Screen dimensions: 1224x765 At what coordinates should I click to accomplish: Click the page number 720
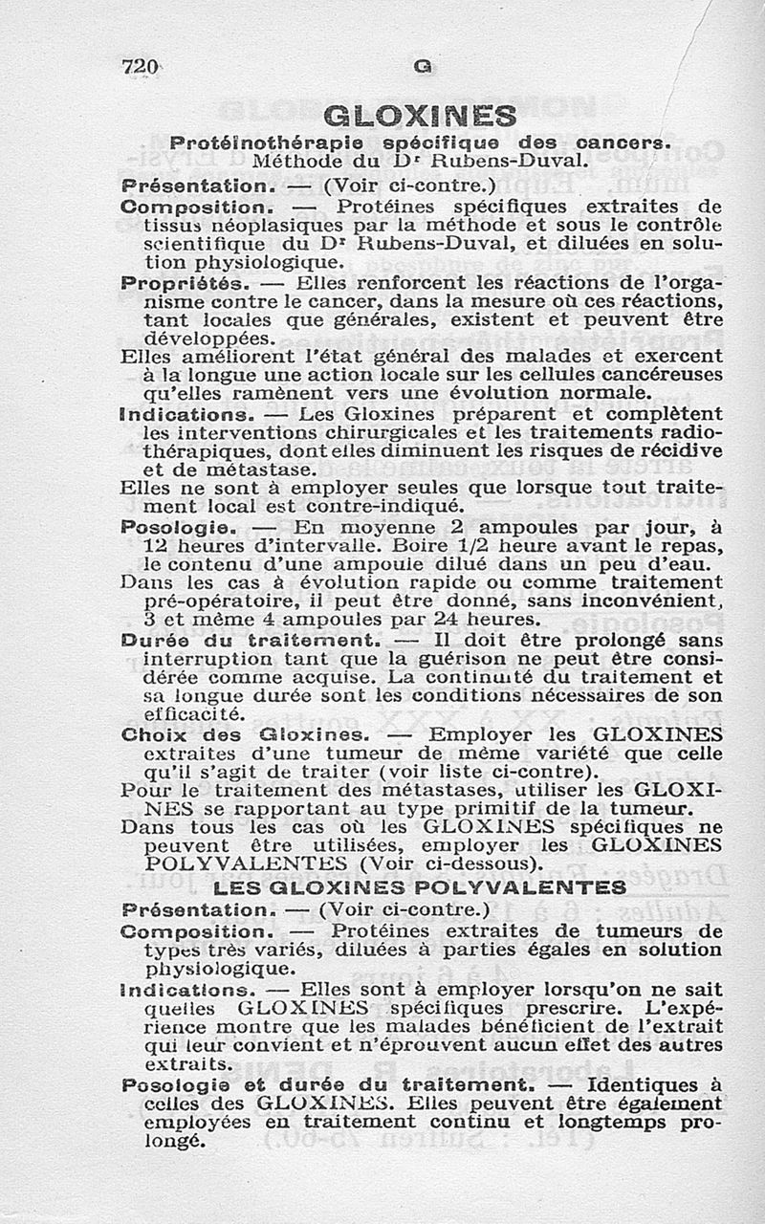click(x=140, y=67)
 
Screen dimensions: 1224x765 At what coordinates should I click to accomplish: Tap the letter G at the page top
click(x=422, y=67)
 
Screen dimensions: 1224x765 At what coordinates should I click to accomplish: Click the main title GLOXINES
click(x=420, y=117)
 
